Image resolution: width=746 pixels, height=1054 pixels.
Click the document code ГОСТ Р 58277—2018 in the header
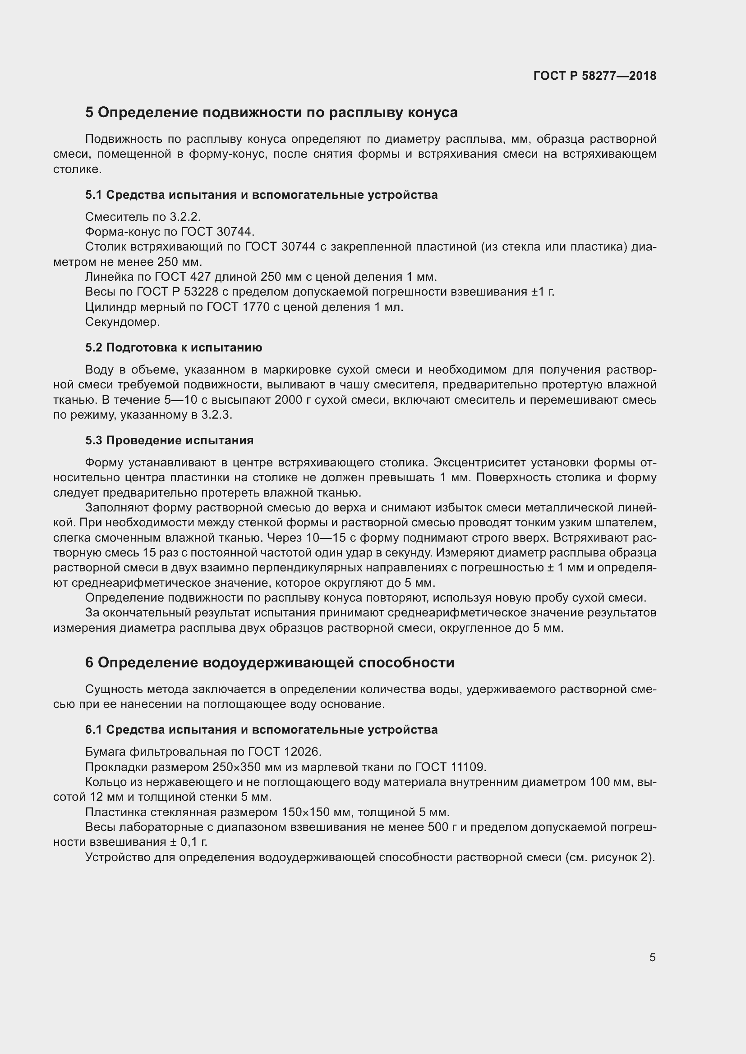(595, 76)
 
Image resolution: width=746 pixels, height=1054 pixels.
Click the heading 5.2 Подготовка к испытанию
(174, 347)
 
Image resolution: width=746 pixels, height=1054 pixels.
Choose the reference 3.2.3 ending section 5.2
(216, 415)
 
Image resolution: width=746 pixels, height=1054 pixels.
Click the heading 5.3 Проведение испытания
(169, 440)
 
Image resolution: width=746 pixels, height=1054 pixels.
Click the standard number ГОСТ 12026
(283, 752)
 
